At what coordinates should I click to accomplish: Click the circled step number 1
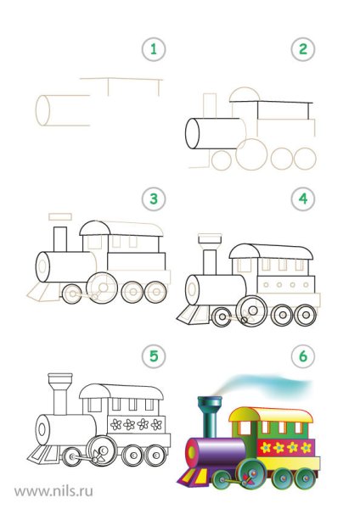click(154, 49)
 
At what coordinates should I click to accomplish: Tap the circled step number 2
click(303, 49)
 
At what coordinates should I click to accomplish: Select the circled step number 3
click(154, 199)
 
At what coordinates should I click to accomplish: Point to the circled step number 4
click(303, 199)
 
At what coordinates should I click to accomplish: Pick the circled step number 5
click(154, 355)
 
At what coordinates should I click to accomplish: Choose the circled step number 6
click(303, 355)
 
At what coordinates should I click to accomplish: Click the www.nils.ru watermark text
click(54, 490)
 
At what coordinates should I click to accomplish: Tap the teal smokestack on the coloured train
click(210, 417)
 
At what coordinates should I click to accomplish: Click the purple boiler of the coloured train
click(216, 453)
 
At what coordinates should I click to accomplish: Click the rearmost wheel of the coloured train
click(305, 478)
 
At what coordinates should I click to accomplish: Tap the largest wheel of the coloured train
click(251, 474)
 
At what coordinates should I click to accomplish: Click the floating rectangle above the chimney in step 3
click(60, 216)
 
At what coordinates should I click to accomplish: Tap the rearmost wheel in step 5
click(155, 455)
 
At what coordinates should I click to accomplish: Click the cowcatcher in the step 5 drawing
click(43, 454)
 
